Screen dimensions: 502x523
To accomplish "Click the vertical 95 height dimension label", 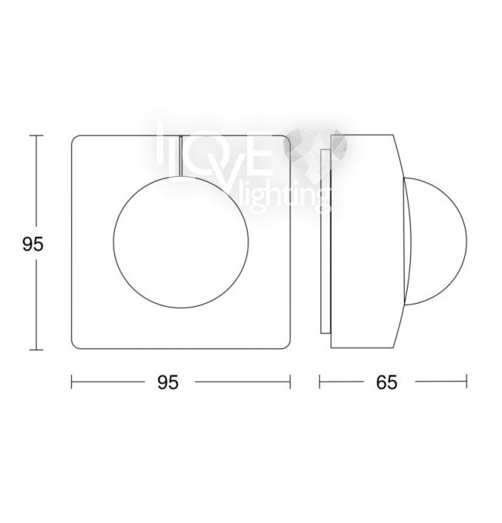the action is (x=33, y=244).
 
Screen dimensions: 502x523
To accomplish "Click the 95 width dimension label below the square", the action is (x=168, y=382).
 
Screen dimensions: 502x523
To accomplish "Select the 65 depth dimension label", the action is (x=387, y=382).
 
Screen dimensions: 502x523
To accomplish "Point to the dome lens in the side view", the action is (x=466, y=242).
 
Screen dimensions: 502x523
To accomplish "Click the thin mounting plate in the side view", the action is (x=325, y=241).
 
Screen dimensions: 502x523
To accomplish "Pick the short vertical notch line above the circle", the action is (x=181, y=155).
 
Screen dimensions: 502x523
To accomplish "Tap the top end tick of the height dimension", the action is (x=36, y=135).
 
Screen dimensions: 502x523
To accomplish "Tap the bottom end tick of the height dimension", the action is (x=36, y=349).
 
